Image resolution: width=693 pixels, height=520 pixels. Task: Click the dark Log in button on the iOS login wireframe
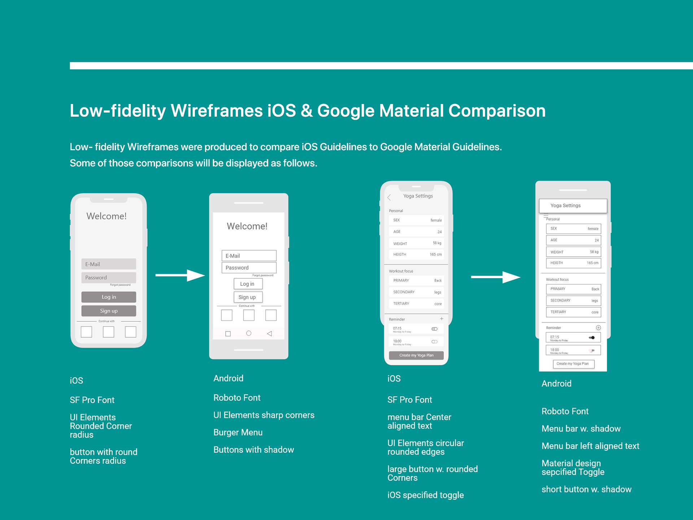pos(109,297)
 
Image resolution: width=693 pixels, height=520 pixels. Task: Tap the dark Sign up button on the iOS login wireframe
pos(109,311)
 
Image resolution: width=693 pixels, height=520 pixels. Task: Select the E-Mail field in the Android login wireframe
pos(249,256)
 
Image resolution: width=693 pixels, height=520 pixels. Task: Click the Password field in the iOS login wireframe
pos(109,278)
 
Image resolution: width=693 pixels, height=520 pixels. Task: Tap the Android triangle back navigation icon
pos(269,334)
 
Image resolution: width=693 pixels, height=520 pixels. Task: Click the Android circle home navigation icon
pos(249,333)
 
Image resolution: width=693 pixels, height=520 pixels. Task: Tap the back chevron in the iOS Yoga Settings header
pos(389,197)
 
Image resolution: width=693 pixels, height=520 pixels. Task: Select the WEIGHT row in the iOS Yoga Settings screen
pos(417,243)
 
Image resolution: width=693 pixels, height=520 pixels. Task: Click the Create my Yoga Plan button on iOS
pos(416,355)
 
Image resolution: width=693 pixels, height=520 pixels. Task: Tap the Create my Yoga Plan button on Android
pos(573,364)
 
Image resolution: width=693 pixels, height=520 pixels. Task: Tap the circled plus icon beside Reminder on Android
pos(598,328)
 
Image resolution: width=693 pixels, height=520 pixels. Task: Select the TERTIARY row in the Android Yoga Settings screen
pos(573,312)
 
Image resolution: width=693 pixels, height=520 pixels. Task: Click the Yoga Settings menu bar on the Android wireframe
pos(573,205)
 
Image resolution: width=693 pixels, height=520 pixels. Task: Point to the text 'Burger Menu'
pos(238,432)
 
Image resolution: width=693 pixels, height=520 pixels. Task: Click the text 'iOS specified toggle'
pos(426,495)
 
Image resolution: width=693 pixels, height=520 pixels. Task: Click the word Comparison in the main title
pos(497,111)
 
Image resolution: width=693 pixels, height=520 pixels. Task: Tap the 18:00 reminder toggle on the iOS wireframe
pos(435,342)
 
